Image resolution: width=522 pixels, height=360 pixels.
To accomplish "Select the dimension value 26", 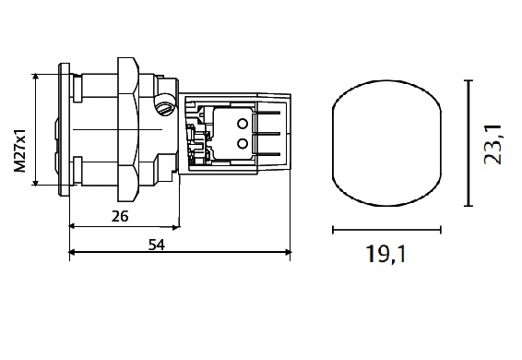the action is pos(120,217).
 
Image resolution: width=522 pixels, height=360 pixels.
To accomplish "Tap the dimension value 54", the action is pos(157,245).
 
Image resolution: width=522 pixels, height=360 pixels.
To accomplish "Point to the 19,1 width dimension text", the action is pos(386,255).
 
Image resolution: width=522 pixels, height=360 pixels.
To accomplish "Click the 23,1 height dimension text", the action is pos(492,144).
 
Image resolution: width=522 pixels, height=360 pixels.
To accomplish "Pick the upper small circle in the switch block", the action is pos(243,124).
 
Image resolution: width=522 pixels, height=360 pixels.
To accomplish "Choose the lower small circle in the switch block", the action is pos(243,144).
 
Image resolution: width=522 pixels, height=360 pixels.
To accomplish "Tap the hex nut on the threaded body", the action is pos(128,129).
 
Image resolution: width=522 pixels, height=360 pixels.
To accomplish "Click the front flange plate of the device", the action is pos(65,129).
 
